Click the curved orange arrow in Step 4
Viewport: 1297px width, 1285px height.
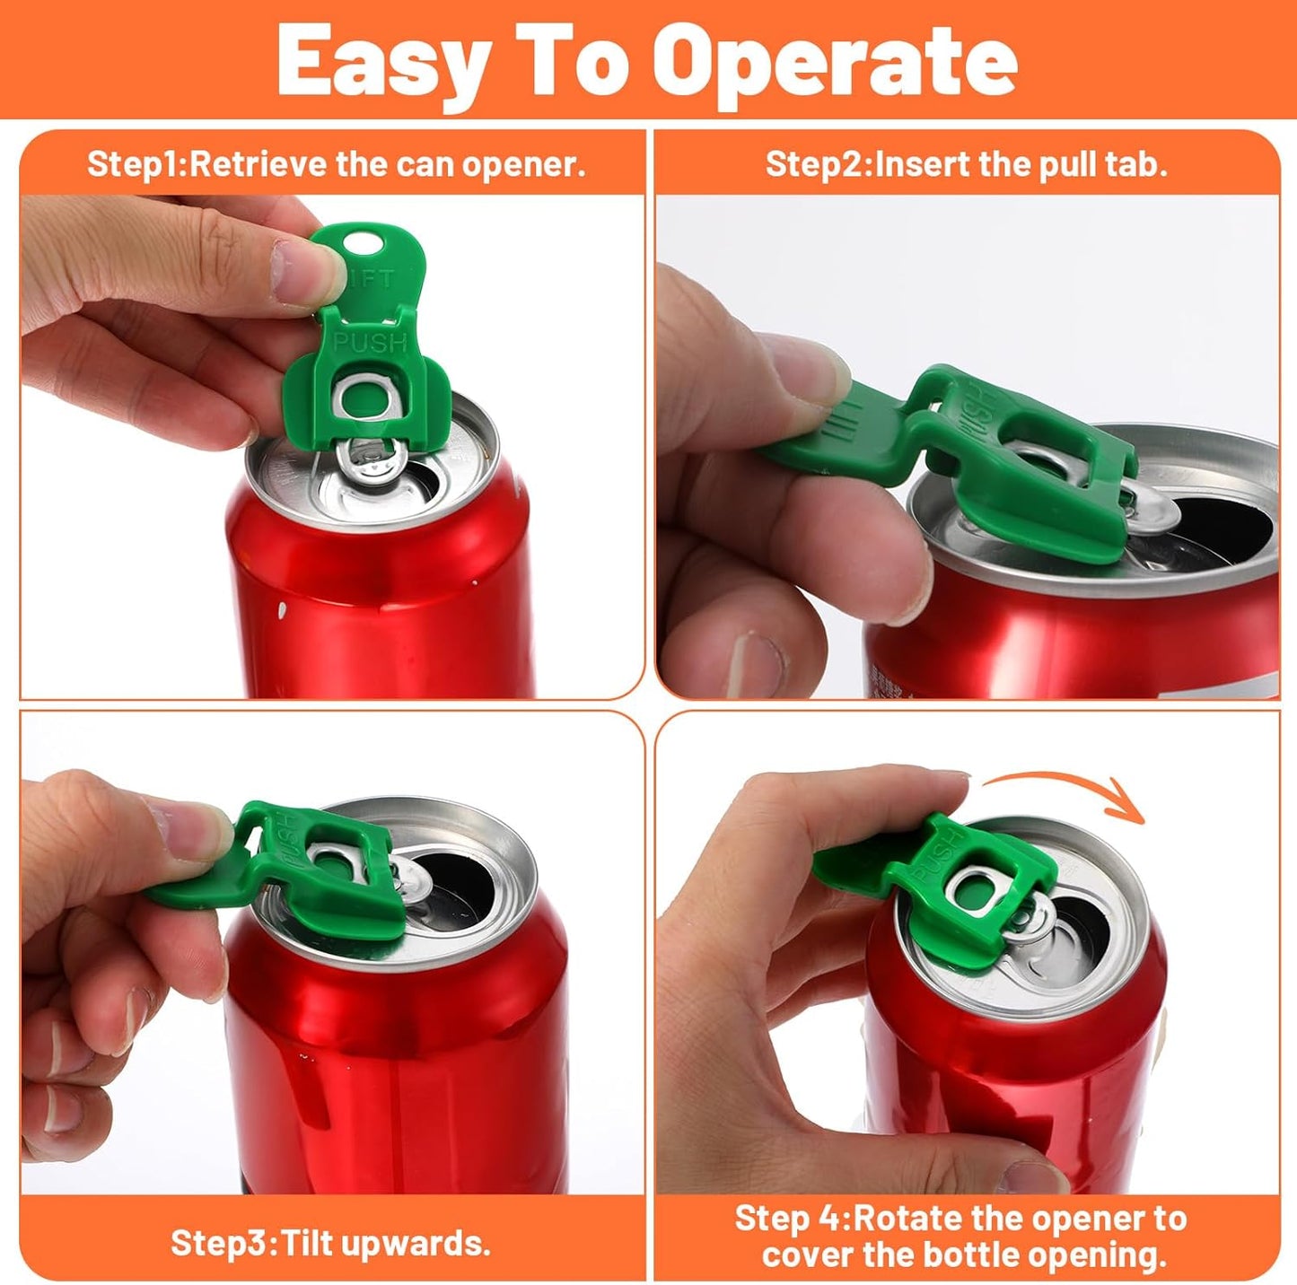point(1065,791)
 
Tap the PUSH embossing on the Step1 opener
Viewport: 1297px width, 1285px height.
point(370,343)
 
